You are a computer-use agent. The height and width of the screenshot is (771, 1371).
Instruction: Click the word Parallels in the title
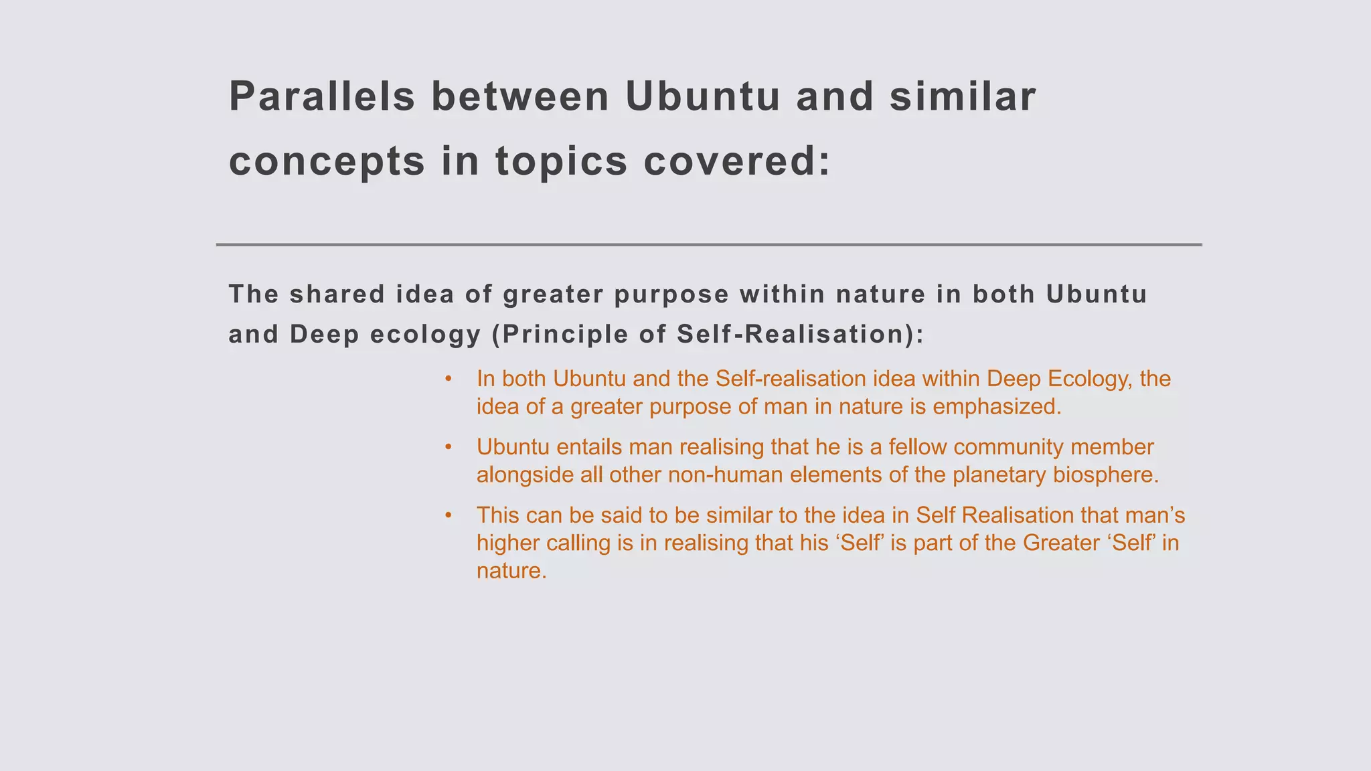[321, 96]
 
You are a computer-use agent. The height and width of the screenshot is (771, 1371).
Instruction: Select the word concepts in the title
[327, 162]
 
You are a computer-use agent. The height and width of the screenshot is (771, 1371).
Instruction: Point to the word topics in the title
[561, 162]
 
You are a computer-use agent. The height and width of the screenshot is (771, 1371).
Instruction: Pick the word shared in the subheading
[337, 294]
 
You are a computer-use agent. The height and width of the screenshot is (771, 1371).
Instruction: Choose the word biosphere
[1105, 475]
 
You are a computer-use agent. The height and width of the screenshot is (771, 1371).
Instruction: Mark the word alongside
[526, 475]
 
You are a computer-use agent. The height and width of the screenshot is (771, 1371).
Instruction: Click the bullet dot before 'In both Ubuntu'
[449, 379]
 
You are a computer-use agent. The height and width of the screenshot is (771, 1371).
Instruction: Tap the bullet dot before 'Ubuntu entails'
[449, 447]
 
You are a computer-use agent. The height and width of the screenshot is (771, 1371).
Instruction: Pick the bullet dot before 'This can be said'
[449, 515]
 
